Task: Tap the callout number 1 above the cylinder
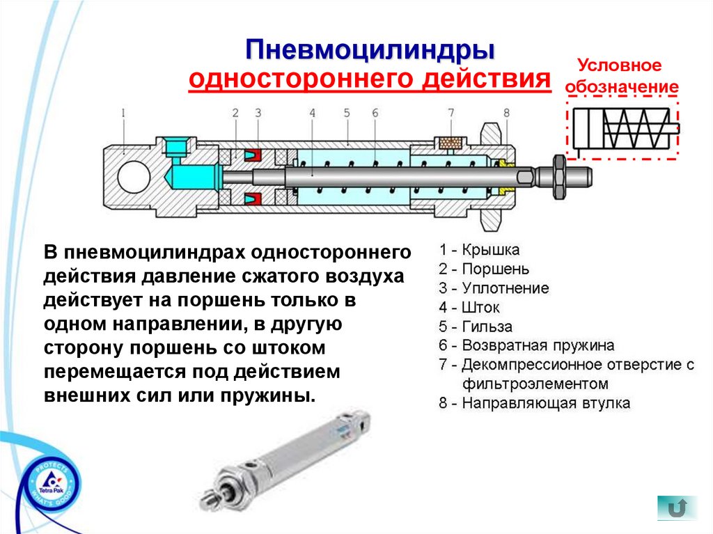(123, 112)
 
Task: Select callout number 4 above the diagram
(312, 112)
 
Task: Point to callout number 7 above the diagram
(450, 112)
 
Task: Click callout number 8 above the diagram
(506, 112)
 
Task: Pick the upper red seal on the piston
(252, 153)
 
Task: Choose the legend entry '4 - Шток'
(469, 307)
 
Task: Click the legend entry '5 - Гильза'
(476, 327)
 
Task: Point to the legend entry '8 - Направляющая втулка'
(534, 403)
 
